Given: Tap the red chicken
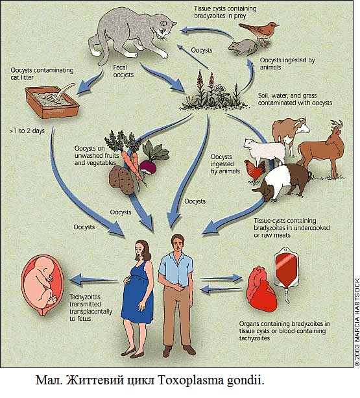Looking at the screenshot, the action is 254,171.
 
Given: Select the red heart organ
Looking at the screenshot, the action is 263,290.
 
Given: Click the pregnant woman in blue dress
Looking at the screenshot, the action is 138,298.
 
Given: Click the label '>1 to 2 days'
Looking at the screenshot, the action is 27,131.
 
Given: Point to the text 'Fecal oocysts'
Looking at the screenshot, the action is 123,71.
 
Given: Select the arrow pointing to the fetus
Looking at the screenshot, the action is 94,279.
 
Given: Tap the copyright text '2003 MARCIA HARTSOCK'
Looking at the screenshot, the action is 357,322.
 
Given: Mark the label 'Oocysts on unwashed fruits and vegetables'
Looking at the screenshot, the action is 97,155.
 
